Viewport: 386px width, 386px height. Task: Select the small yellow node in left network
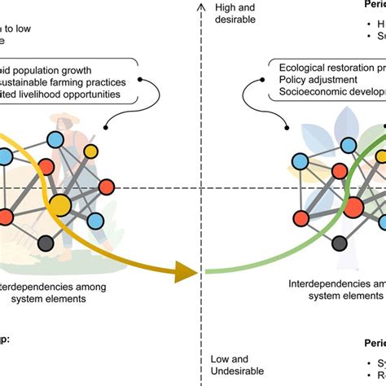tap(92, 151)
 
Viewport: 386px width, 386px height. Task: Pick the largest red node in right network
tap(353, 207)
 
